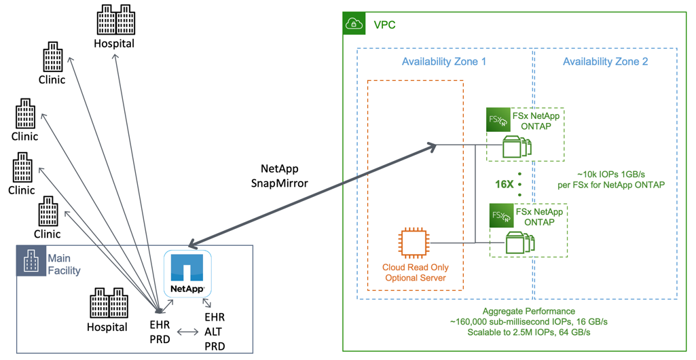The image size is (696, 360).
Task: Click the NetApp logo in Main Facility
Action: click(187, 274)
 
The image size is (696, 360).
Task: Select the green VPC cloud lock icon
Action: click(354, 24)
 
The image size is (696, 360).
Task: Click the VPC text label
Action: click(384, 25)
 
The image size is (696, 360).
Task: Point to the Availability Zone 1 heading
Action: click(444, 62)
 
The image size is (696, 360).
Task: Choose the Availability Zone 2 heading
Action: click(605, 62)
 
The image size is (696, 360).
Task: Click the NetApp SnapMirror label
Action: click(280, 176)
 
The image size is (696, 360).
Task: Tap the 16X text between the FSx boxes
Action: click(504, 184)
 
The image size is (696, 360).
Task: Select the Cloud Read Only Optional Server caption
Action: click(416, 272)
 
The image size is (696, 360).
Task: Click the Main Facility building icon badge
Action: click(31, 260)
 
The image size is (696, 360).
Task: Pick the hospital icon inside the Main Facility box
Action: click(108, 304)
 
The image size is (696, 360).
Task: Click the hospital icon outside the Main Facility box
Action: click(115, 20)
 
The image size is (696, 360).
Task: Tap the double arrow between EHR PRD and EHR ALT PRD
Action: click(188, 333)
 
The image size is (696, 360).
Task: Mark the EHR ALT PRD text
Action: click(215, 332)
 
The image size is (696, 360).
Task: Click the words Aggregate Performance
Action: click(519, 310)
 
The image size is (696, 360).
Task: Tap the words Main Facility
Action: click(64, 264)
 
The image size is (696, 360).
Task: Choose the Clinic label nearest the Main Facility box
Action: click(47, 234)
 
